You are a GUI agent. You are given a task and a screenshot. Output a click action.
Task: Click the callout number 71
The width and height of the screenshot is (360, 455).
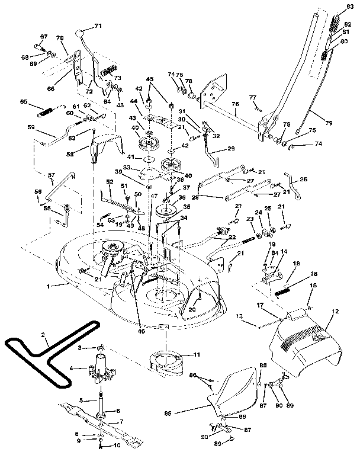coord(98,27)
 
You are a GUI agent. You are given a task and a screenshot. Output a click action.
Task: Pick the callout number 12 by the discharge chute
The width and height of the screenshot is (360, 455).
coord(335,311)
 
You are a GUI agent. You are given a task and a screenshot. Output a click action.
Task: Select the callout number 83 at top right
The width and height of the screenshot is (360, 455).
coord(349,6)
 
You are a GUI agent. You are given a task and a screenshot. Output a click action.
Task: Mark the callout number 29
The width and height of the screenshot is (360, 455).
coord(231,148)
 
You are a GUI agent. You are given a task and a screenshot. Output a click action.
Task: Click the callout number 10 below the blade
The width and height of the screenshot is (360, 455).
coord(116,444)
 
